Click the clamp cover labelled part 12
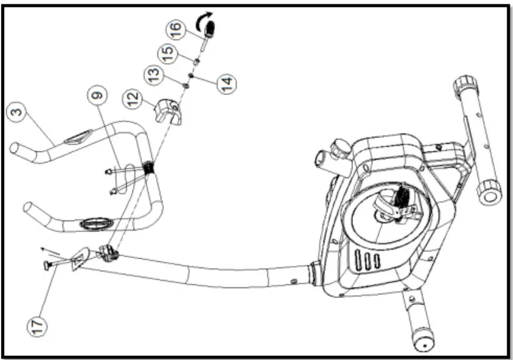(x=168, y=111)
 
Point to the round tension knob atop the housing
(x=341, y=148)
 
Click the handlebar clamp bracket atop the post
(x=107, y=254)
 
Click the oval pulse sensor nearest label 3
(x=81, y=136)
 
